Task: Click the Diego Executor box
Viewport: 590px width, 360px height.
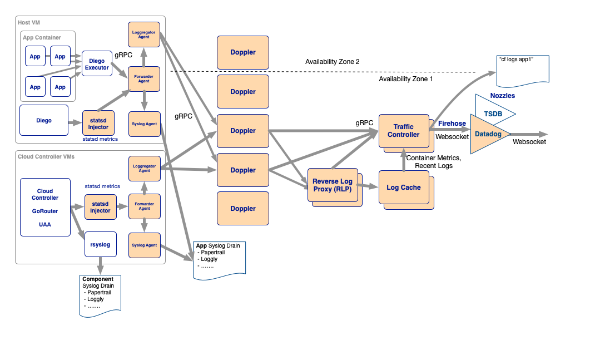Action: point(97,63)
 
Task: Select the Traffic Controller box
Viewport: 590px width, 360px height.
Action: point(404,131)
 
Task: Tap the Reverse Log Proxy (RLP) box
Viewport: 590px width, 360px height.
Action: point(333,185)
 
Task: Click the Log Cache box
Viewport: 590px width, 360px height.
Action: point(404,187)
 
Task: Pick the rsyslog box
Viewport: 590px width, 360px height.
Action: point(101,244)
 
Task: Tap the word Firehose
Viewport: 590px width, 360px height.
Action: point(452,124)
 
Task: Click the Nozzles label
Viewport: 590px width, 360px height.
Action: point(502,96)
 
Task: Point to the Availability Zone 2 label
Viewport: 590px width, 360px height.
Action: point(332,62)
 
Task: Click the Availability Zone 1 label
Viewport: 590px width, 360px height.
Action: point(405,79)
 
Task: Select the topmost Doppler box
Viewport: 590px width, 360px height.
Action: point(243,52)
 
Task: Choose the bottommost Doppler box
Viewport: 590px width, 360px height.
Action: point(243,208)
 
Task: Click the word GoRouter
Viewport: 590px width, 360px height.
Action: point(45,211)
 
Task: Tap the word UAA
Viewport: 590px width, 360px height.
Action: point(45,224)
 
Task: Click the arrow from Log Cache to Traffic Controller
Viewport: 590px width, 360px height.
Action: point(404,160)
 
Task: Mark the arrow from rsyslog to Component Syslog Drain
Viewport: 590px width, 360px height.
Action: point(100,266)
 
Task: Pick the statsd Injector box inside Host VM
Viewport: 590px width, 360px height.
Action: point(98,123)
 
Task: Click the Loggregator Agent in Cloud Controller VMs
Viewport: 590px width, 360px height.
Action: point(145,169)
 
